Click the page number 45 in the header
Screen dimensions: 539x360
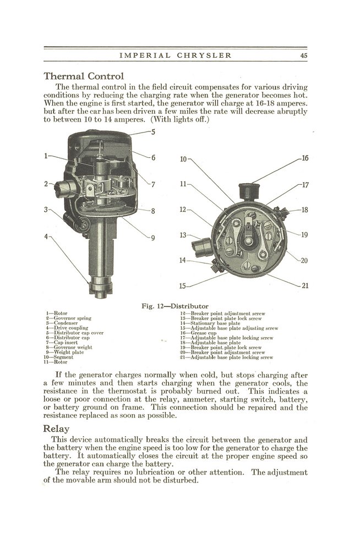(303, 55)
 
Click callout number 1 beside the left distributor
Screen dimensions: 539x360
(47, 156)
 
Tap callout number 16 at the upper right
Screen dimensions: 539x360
(304, 158)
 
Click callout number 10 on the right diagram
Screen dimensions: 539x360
(183, 159)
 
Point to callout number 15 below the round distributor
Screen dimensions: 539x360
(183, 285)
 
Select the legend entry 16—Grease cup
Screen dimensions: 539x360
(201, 333)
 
